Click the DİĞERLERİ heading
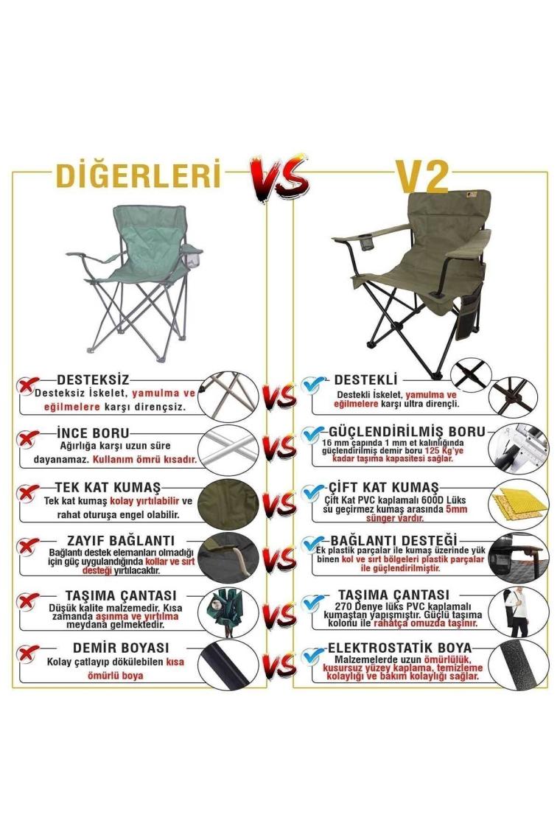click(139, 174)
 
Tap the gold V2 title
click(421, 175)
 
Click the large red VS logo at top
click(279, 178)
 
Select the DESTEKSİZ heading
click(94, 379)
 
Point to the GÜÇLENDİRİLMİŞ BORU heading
click(407, 431)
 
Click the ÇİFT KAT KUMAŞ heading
click(383, 488)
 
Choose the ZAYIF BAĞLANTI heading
click(121, 540)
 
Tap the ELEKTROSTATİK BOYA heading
click(400, 648)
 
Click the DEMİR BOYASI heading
click(121, 648)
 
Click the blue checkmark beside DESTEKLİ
click(312, 384)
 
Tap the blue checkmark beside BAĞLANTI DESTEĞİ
click(312, 544)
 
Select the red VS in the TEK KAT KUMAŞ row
click(280, 503)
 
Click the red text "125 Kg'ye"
click(444, 450)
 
